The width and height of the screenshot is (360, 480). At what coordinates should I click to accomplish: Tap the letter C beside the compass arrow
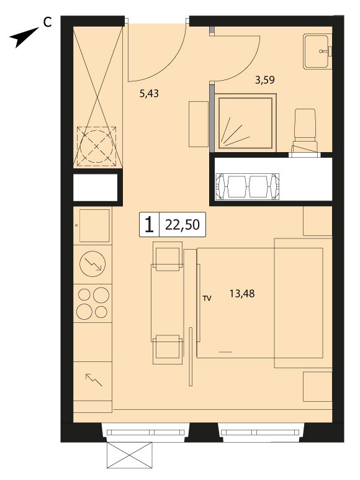[x=47, y=22]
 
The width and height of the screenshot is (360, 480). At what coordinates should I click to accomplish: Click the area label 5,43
[x=149, y=93]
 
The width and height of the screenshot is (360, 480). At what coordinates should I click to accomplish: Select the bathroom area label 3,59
[x=265, y=80]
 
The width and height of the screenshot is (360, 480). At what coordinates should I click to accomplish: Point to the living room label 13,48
[x=242, y=294]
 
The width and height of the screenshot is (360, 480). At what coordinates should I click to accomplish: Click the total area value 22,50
[x=182, y=225]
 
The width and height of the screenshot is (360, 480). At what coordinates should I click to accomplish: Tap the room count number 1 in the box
[x=149, y=225]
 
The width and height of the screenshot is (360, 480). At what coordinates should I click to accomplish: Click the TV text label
[x=207, y=299]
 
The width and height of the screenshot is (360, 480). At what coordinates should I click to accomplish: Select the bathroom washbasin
[x=318, y=52]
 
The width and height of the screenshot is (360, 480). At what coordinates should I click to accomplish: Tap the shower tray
[x=246, y=123]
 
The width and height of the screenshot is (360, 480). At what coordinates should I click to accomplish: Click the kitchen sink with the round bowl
[x=92, y=264]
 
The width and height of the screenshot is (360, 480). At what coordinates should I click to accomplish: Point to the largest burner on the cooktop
[x=101, y=296]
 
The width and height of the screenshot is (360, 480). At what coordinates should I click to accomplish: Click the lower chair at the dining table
[x=168, y=349]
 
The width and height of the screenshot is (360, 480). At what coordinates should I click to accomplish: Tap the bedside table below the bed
[x=318, y=387]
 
